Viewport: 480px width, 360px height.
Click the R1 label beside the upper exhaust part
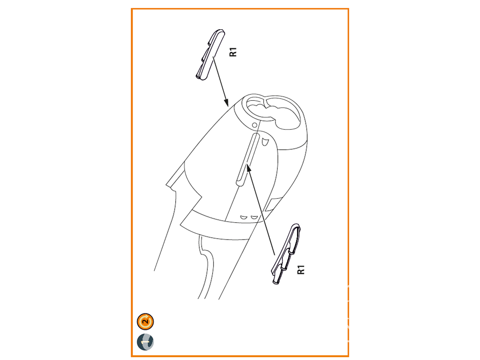tap(233, 52)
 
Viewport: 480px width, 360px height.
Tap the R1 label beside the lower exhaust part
tap(301, 270)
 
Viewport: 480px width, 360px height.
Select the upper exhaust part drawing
tap(210, 55)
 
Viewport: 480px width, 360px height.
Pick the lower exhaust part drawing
tap(286, 254)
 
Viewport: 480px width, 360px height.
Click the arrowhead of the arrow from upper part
tap(226, 102)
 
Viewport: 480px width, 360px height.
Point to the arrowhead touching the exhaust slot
tap(249, 168)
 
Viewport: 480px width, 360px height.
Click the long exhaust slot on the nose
tap(247, 159)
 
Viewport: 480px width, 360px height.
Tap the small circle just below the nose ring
tap(254, 125)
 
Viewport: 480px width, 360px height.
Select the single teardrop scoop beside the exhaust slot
tap(265, 142)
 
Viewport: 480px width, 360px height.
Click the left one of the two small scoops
tap(244, 217)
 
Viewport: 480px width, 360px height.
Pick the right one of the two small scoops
tap(253, 217)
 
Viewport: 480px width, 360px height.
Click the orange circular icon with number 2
tap(145, 322)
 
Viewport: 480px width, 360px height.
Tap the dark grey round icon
tap(145, 342)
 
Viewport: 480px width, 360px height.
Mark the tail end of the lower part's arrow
tap(274, 254)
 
